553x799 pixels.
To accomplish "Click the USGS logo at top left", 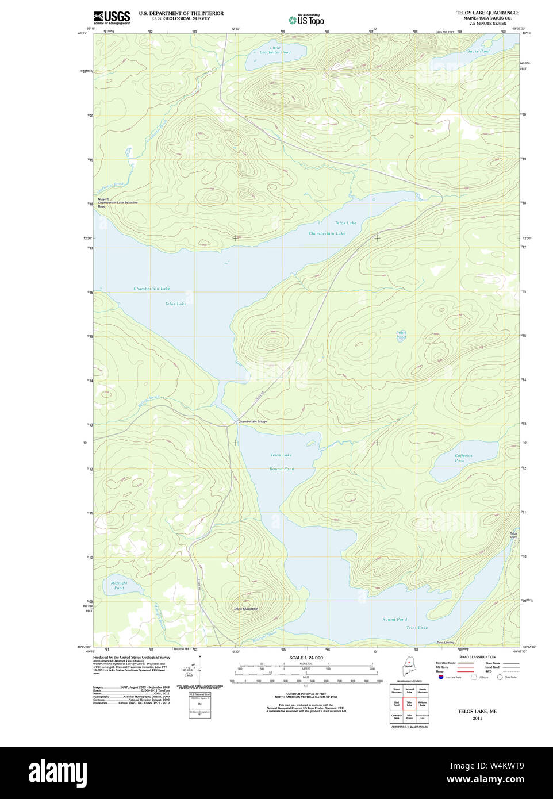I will click(x=112, y=17).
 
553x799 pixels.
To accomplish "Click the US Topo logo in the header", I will click(x=307, y=20).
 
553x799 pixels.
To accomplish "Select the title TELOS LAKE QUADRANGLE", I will click(x=487, y=13).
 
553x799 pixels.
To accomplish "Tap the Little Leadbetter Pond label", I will click(x=275, y=50).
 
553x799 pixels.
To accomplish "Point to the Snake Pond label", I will click(x=478, y=51).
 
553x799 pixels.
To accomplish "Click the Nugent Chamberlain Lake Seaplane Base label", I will click(x=117, y=202).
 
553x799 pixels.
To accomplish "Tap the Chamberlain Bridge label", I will click(x=252, y=422).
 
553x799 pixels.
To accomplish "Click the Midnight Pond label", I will click(x=119, y=585).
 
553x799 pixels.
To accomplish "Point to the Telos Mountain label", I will click(x=245, y=609).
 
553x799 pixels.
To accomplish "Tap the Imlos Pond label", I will click(x=401, y=335).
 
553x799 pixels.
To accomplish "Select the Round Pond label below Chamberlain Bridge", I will click(x=282, y=468).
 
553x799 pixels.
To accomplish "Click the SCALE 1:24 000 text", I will click(x=306, y=658).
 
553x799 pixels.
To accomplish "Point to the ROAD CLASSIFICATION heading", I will click(x=477, y=656).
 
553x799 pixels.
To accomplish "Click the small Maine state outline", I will click(x=409, y=670).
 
